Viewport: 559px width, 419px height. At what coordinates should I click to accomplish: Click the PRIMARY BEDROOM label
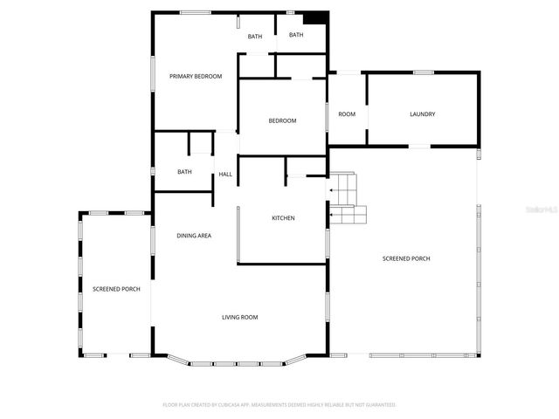click(x=196, y=77)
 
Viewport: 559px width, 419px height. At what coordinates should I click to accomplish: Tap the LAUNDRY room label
click(x=423, y=114)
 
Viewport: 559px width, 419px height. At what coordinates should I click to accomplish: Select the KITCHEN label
click(x=283, y=217)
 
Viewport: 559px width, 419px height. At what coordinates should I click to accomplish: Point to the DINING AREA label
click(x=194, y=236)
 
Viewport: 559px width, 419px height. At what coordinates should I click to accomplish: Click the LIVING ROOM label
click(x=239, y=317)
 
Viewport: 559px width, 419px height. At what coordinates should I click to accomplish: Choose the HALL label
click(x=225, y=175)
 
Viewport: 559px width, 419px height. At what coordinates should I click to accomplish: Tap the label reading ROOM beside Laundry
click(x=347, y=114)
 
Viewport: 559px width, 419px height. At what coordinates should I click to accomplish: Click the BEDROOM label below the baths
click(x=282, y=120)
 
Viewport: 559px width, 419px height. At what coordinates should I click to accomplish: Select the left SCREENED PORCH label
click(x=116, y=289)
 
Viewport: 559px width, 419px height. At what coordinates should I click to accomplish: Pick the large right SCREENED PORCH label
click(x=406, y=258)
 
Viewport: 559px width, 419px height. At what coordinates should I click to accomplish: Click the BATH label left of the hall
click(x=184, y=172)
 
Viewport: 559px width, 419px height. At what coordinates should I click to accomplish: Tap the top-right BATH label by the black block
click(x=296, y=35)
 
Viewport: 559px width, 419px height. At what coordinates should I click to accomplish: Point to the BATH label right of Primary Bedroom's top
click(x=255, y=37)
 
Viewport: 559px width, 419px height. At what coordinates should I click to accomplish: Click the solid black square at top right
click(x=314, y=18)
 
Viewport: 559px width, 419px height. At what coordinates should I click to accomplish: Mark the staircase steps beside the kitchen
click(x=347, y=199)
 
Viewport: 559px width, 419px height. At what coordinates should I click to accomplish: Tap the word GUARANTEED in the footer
click(x=380, y=405)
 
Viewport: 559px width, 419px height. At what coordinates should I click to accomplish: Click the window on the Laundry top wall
click(x=424, y=72)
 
